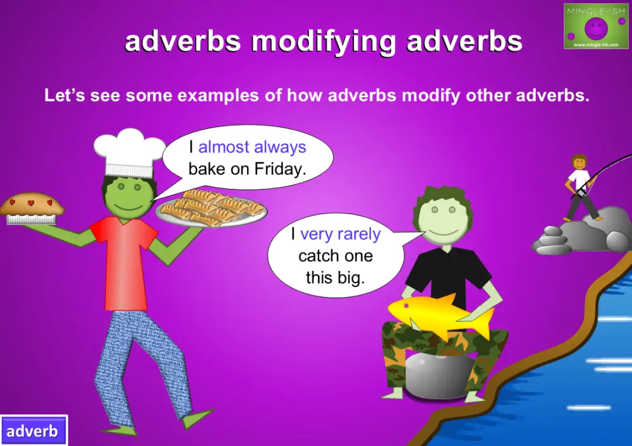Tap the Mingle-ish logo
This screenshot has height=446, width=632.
[595, 26]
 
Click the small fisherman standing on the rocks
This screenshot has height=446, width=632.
[580, 186]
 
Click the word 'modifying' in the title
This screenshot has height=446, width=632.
[324, 42]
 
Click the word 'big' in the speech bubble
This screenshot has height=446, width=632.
[353, 277]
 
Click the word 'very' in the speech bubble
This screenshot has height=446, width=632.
[316, 234]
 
